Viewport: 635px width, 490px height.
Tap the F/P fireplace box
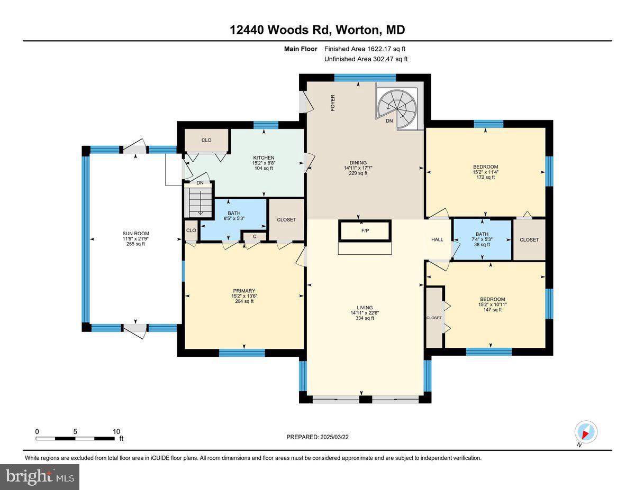point(365,231)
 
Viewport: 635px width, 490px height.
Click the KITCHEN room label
point(264,158)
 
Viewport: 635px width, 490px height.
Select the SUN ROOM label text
point(136,234)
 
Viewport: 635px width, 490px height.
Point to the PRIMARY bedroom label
point(244,291)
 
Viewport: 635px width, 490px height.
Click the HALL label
point(437,239)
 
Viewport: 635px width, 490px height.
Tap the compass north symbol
point(586,432)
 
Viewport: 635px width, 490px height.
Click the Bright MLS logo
point(40,477)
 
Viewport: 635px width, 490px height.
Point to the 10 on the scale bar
point(116,431)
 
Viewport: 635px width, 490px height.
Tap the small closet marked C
point(255,236)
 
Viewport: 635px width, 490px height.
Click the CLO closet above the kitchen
point(206,140)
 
